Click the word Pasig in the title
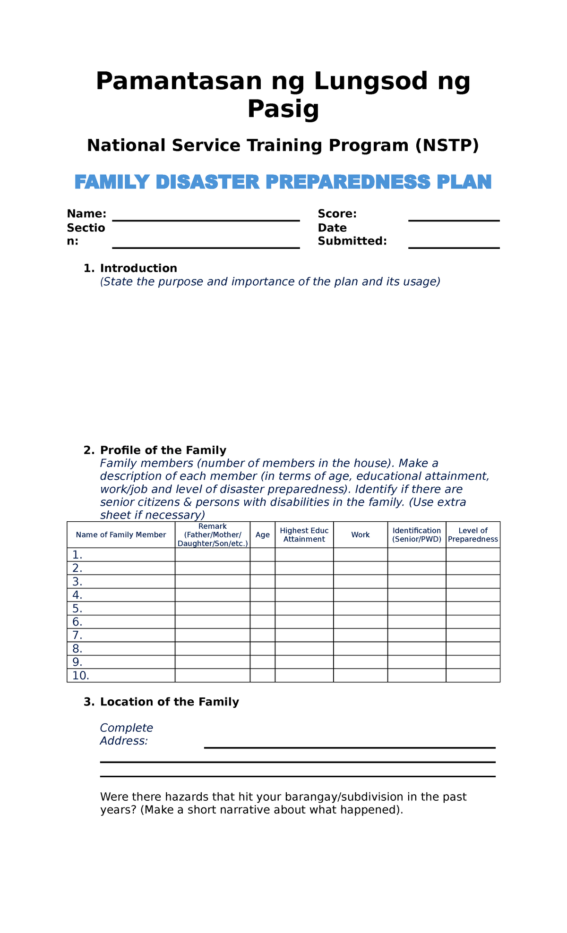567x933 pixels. tap(283, 110)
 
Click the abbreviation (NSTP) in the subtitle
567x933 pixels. tap(447, 145)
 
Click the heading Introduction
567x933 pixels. tap(138, 268)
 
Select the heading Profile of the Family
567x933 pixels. tap(163, 450)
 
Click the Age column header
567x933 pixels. tap(262, 535)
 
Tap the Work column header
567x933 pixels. tap(360, 535)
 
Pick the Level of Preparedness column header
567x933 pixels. tap(473, 535)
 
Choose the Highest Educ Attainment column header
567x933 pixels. tap(304, 535)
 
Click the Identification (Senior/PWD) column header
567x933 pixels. tap(416, 535)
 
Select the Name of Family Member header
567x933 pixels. tap(121, 535)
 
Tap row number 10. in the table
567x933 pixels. tap(81, 676)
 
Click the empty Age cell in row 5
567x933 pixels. tap(262, 608)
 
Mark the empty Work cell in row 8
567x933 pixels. tap(360, 648)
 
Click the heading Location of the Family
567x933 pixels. tap(169, 702)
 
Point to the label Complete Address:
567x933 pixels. tap(126, 734)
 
